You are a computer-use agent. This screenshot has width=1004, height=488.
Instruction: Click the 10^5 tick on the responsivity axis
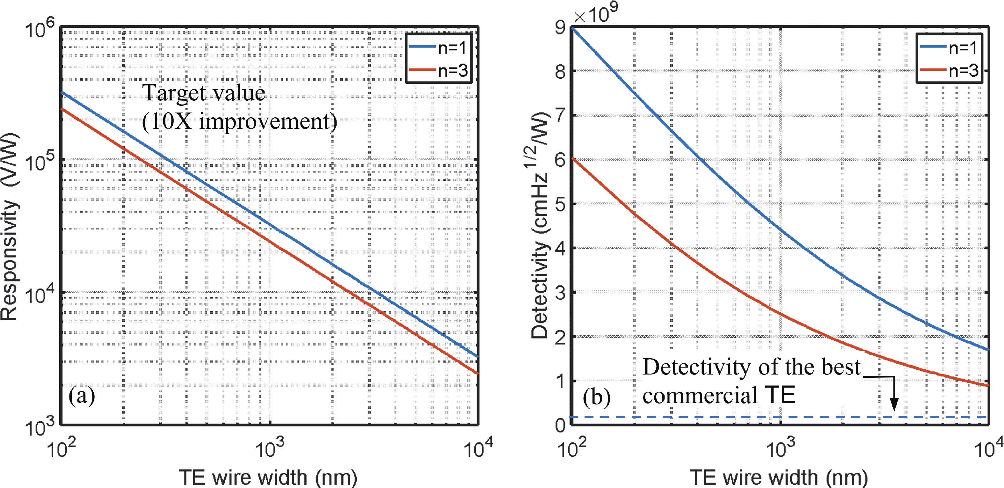pyautogui.click(x=40, y=161)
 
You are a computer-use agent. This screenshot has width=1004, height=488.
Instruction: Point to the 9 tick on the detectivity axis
pyautogui.click(x=560, y=28)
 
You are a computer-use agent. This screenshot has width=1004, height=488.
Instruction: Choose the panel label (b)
pyautogui.click(x=596, y=397)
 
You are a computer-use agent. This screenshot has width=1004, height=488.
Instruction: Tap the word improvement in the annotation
pyautogui.click(x=268, y=122)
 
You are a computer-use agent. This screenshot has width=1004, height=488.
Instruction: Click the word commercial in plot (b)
pyautogui.click(x=700, y=396)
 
